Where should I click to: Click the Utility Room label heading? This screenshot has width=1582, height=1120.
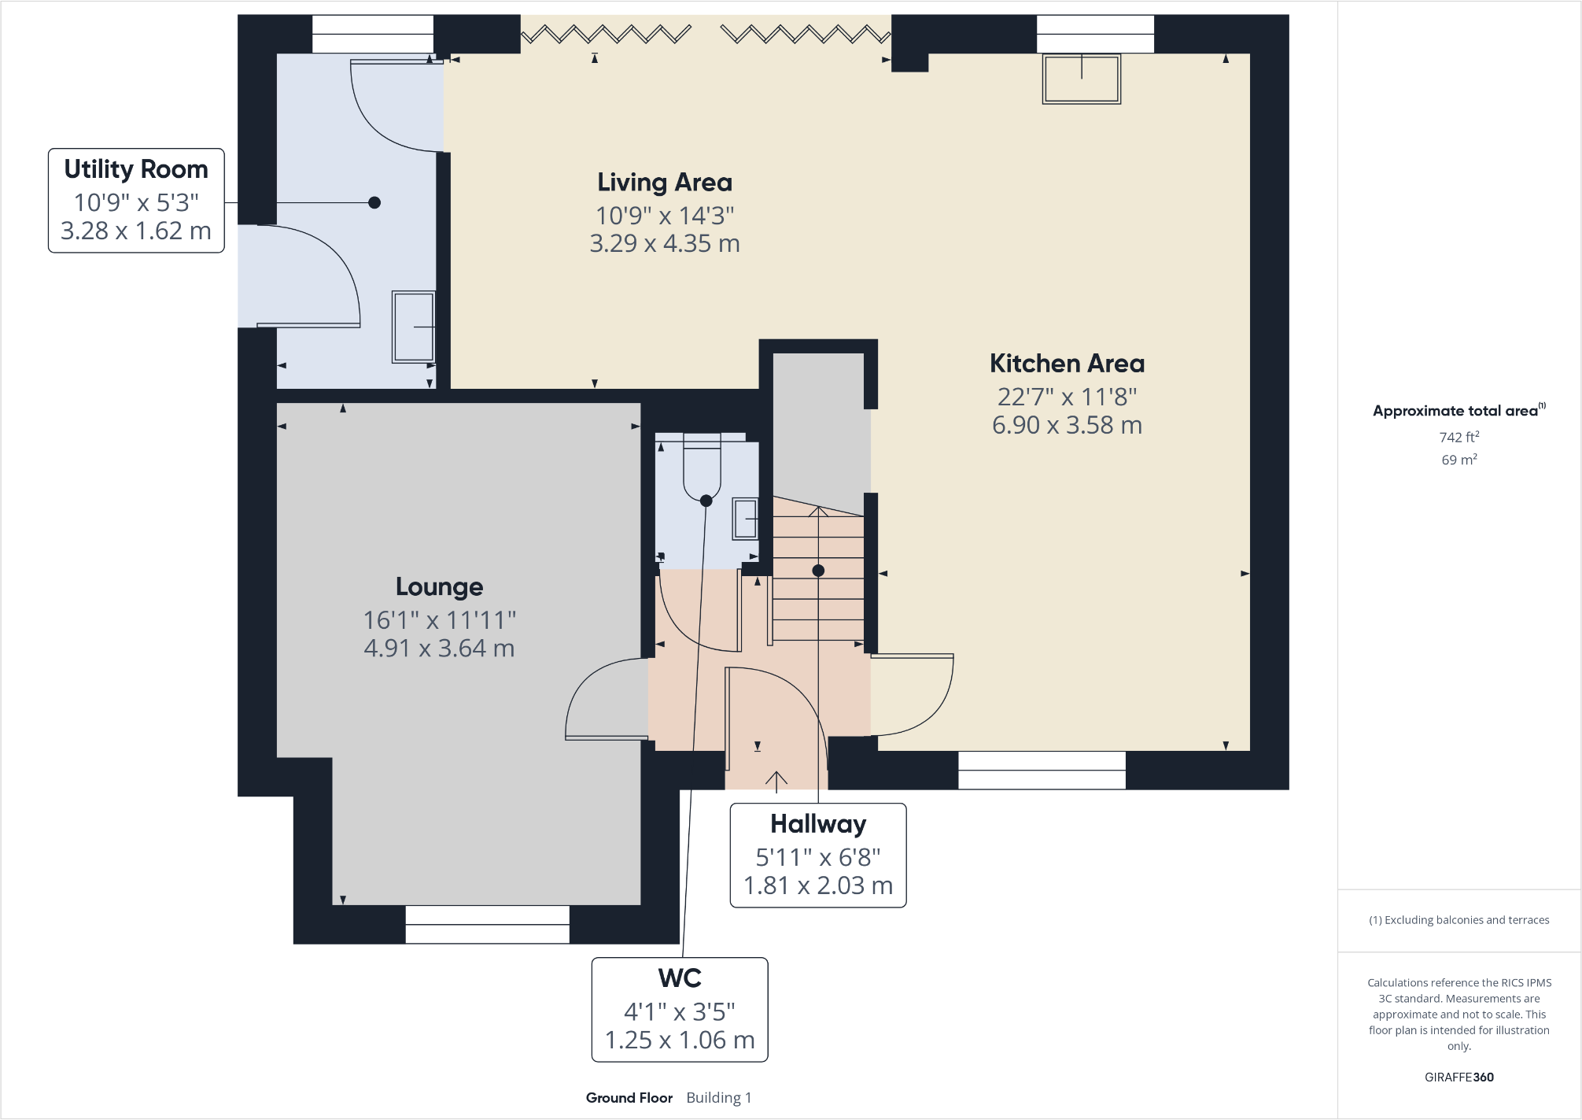136,169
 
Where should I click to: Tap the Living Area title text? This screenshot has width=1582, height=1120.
665,183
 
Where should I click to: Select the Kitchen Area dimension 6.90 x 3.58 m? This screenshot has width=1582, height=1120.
1067,425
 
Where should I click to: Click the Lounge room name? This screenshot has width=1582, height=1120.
439,587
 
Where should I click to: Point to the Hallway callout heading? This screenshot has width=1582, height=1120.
818,824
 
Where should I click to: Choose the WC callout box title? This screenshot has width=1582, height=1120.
680,978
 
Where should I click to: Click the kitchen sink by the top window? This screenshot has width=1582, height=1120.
1082,79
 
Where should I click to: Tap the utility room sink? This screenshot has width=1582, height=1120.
414,327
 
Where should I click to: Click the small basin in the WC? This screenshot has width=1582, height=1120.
746,519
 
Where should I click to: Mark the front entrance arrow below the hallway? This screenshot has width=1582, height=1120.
776,780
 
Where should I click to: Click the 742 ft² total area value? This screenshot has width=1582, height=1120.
1459,437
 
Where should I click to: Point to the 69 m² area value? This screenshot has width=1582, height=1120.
1459,460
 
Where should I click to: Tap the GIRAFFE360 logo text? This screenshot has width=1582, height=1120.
1458,1077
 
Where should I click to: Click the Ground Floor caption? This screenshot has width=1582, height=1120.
629,1098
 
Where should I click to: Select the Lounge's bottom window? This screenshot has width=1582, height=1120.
488,924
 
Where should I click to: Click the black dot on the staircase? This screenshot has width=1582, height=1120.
818,571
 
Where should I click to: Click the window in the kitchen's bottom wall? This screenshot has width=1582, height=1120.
1042,770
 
